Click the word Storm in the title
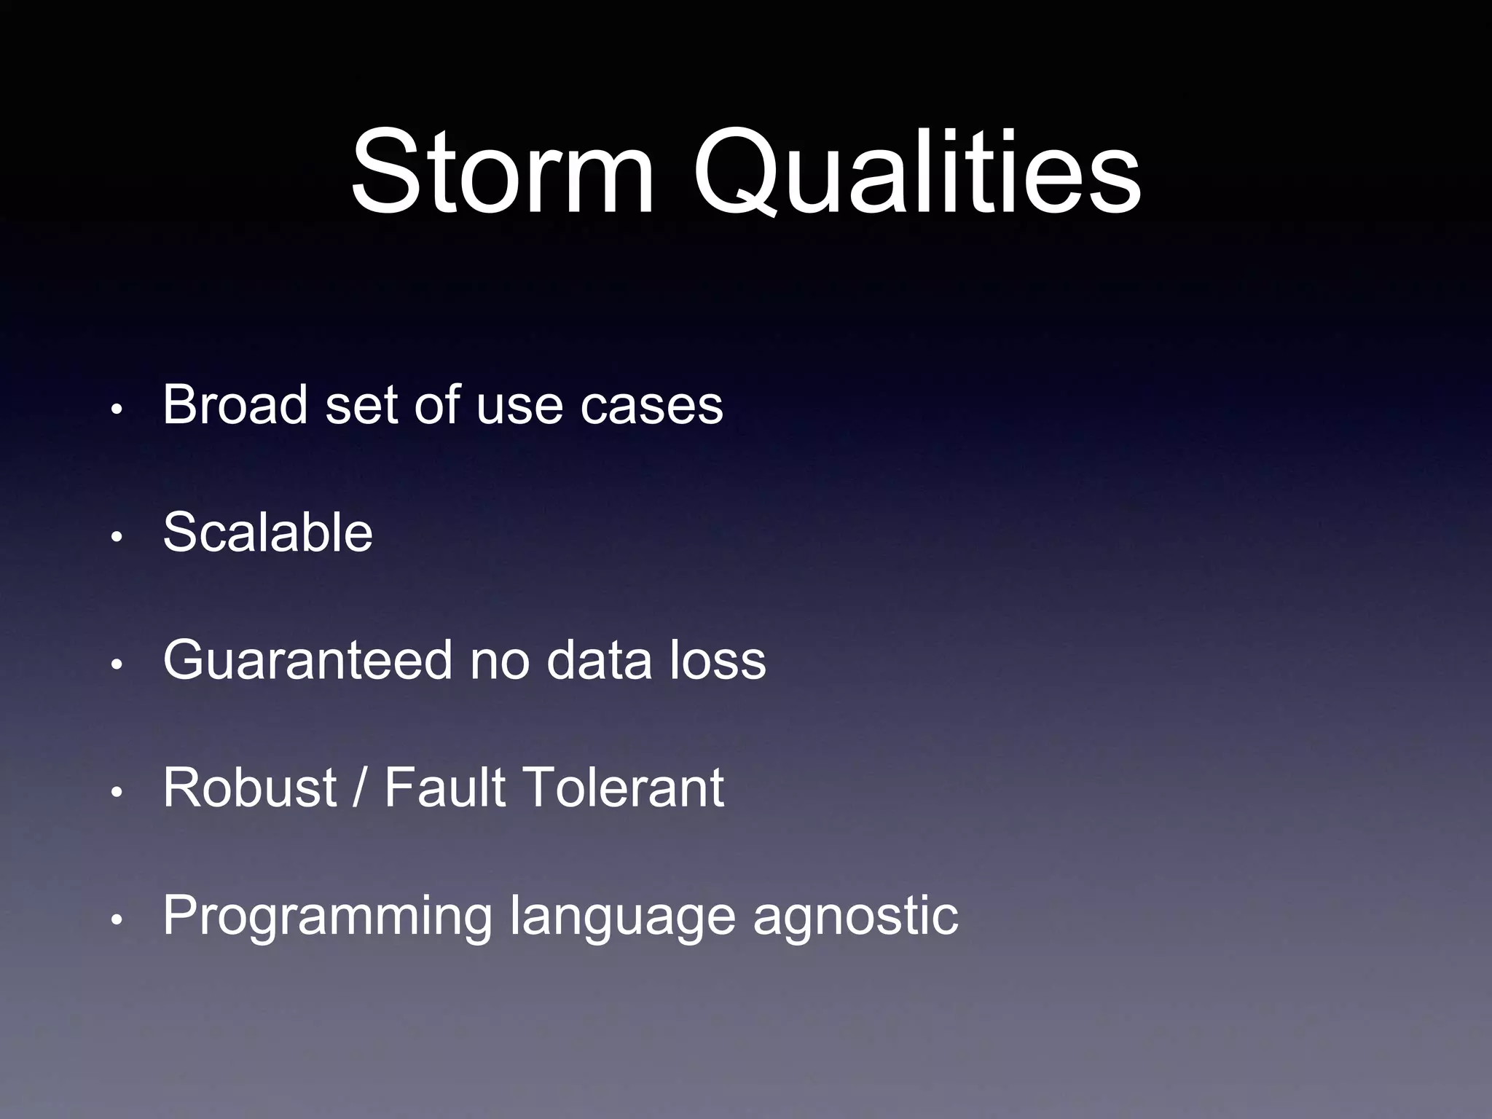coord(503,172)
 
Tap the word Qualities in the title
coord(916,172)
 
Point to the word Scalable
coord(267,533)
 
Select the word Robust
coord(250,788)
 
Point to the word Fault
coord(444,788)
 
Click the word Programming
coord(328,916)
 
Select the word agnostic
coord(855,916)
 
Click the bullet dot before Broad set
coord(115,410)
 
